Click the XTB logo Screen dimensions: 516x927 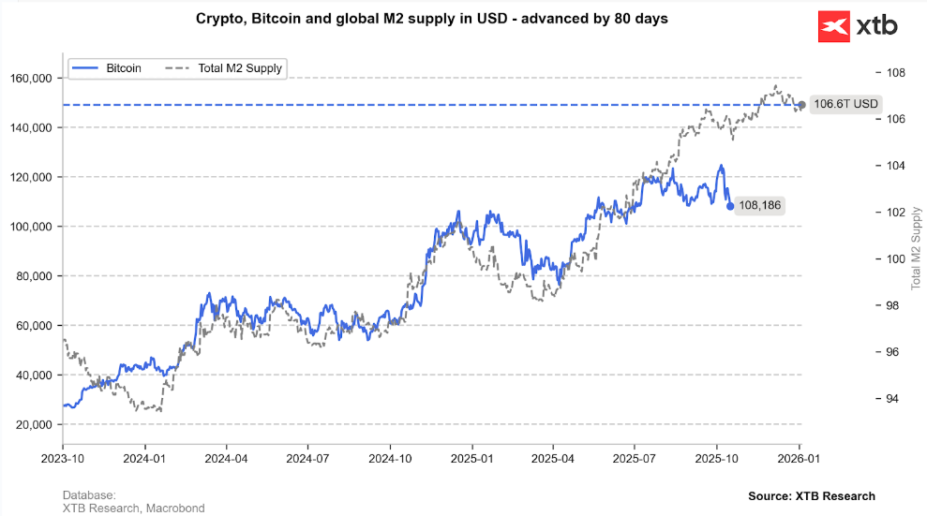point(858,26)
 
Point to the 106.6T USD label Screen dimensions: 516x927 point(845,104)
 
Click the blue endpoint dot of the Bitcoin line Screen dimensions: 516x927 point(730,206)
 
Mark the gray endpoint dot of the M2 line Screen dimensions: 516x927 point(801,105)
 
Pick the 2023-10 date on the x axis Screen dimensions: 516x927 point(63,460)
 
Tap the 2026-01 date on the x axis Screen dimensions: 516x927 point(800,460)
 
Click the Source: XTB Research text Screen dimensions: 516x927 point(811,496)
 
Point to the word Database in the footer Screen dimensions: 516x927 point(88,494)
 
